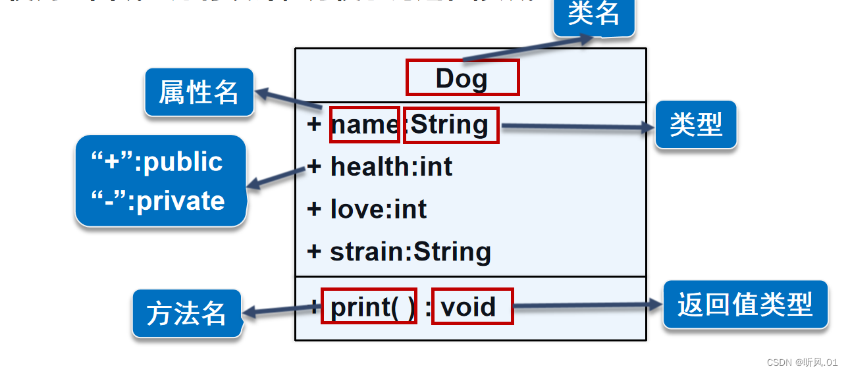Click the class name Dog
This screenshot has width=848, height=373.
(x=462, y=78)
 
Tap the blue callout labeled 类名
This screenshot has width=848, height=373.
(x=594, y=14)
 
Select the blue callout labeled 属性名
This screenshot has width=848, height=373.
(x=199, y=92)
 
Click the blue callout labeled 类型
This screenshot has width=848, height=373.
(x=696, y=124)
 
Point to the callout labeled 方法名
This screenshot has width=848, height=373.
(x=186, y=314)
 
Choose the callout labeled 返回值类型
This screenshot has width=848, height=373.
(x=745, y=304)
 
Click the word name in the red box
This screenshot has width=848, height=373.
(x=364, y=124)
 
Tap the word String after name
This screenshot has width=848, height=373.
(x=450, y=124)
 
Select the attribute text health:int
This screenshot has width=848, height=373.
(x=391, y=167)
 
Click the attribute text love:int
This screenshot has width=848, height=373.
(x=379, y=209)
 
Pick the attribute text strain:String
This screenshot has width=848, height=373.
(x=410, y=251)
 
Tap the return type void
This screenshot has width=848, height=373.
(x=468, y=307)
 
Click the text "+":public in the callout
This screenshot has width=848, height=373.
(x=157, y=162)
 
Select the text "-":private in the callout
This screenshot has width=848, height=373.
(x=159, y=201)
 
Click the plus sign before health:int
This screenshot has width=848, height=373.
(x=314, y=167)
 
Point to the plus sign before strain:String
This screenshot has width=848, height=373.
(x=314, y=251)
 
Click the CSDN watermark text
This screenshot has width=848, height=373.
(x=802, y=362)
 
